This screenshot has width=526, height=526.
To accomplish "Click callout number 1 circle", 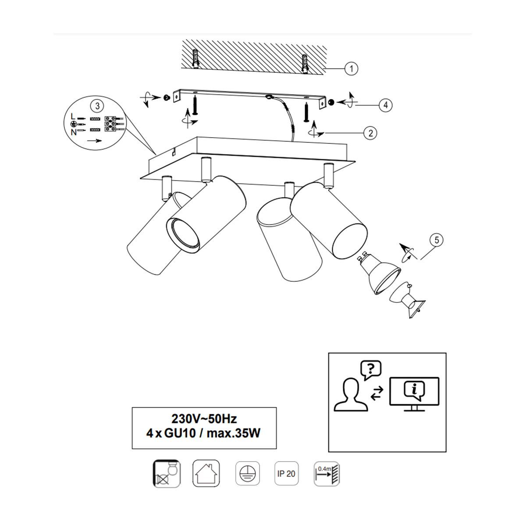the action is (x=351, y=68).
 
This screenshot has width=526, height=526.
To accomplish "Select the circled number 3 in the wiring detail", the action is (x=98, y=106).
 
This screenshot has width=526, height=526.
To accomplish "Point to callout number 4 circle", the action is (x=386, y=105).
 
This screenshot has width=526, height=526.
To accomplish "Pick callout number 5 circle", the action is (x=437, y=240).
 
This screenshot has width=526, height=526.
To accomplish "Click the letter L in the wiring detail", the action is (x=73, y=116).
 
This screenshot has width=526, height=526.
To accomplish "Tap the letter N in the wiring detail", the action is (x=74, y=132).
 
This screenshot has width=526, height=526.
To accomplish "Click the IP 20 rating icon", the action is (x=286, y=473).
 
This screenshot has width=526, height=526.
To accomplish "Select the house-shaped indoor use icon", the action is (x=206, y=473).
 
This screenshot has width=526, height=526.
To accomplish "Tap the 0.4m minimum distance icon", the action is (x=327, y=474).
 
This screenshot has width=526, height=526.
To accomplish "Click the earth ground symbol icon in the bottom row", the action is (x=247, y=473).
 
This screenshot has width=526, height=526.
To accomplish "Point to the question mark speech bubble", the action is (x=371, y=370).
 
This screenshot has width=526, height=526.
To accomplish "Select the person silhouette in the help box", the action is (x=351, y=394).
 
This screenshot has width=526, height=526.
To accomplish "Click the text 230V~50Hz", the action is (x=204, y=419).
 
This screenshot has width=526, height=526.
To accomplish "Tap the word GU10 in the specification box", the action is (x=180, y=434).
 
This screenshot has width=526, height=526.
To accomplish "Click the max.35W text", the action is (x=234, y=434).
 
